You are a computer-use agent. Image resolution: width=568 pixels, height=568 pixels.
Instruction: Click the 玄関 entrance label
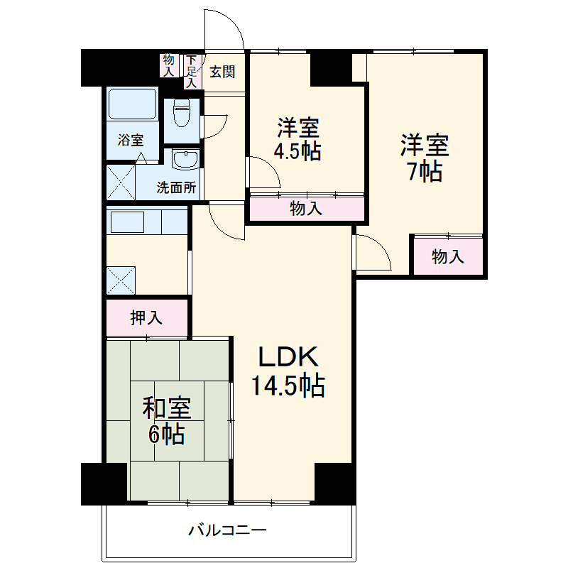pyautogui.click(x=222, y=72)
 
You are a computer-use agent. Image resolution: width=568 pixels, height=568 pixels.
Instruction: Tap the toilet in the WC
pyautogui.click(x=182, y=114)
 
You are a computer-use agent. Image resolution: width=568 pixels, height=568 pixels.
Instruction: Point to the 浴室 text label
pyautogui.click(x=131, y=140)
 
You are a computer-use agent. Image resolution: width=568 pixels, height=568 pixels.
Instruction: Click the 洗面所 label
pyautogui.click(x=176, y=188)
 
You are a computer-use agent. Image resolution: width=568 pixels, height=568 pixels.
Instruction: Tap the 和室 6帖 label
pyautogui.click(x=167, y=420)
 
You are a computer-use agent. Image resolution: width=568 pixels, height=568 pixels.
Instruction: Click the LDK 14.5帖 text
pyautogui.click(x=288, y=371)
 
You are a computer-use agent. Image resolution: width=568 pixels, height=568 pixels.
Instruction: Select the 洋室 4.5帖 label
pyautogui.click(x=298, y=140)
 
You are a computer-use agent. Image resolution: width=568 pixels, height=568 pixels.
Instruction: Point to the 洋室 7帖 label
pyautogui.click(x=424, y=158)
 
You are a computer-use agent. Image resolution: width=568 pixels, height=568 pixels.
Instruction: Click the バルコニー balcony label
pyautogui.click(x=227, y=530)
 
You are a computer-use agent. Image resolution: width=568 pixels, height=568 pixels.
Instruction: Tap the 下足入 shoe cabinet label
pyautogui.click(x=191, y=71)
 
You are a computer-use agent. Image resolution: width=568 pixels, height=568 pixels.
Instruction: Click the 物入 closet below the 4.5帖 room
pyautogui.click(x=306, y=209)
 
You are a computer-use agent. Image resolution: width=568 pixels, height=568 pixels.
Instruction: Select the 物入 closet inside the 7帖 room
pyautogui.click(x=448, y=256)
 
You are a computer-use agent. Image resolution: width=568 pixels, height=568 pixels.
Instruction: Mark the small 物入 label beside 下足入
pyautogui.click(x=168, y=65)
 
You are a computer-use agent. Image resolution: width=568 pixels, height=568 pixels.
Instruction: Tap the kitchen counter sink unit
pyautogui.click(x=146, y=222)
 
